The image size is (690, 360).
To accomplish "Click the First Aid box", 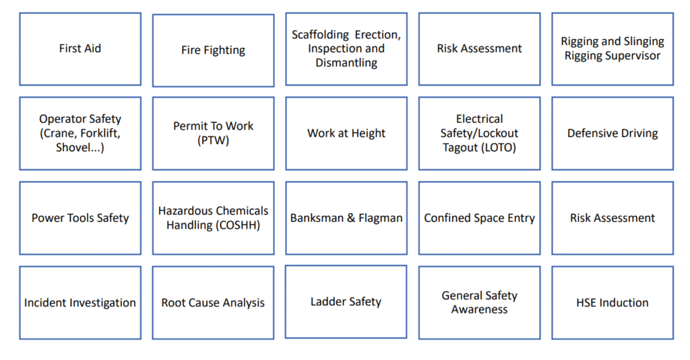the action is click(80, 49).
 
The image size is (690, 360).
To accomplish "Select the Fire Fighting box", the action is click(214, 50).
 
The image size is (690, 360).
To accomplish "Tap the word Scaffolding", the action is click(320, 35).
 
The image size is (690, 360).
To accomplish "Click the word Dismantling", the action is click(346, 63).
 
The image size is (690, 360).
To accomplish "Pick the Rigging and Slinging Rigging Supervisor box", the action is click(613, 49).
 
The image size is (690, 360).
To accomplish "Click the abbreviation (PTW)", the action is click(214, 141).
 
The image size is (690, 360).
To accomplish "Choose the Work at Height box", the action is click(346, 133).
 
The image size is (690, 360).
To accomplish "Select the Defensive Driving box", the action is click(613, 133).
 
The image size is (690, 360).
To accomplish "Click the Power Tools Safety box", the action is click(80, 218).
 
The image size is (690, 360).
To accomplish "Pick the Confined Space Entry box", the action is click(480, 218).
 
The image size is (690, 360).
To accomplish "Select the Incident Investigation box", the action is click(80, 303).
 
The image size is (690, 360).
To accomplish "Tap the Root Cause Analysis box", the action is click(214, 303).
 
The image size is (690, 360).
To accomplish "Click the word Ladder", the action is click(327, 301).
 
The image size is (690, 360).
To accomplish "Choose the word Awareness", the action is click(480, 310).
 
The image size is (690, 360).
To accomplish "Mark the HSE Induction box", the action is click(613, 303).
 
